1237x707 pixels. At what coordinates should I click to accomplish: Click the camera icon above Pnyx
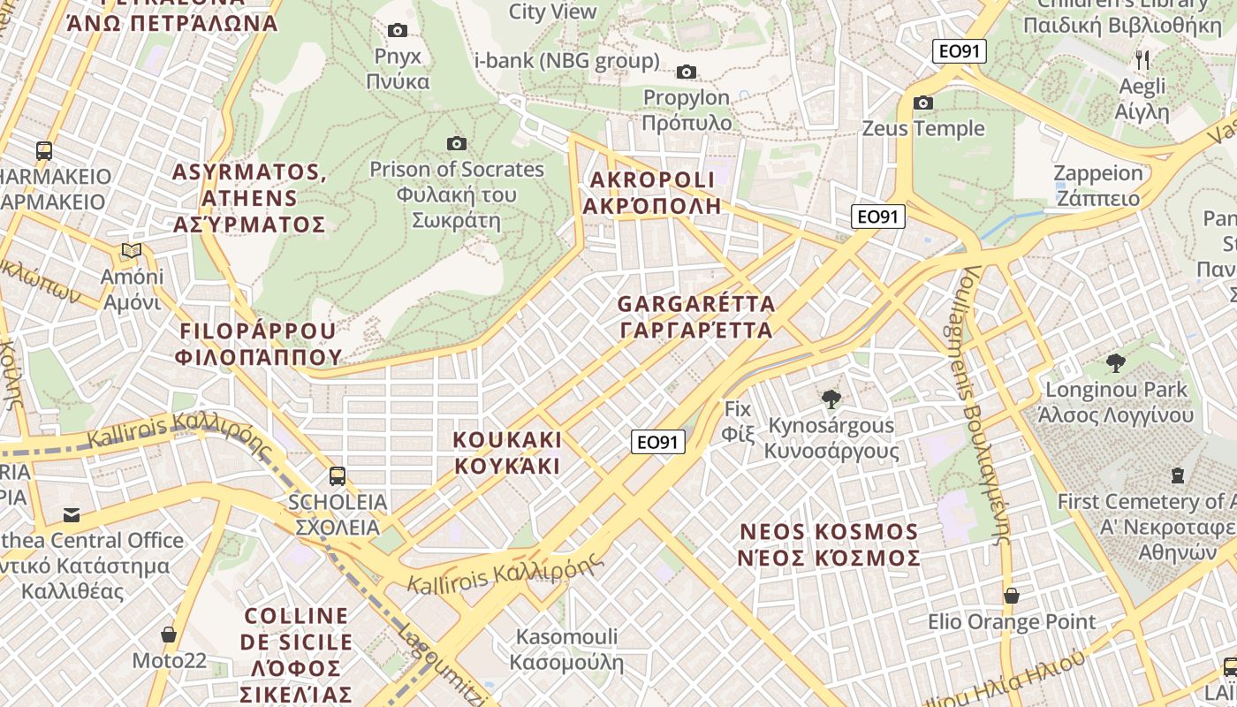coord(398,31)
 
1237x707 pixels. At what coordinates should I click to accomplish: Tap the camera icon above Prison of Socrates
coord(457,143)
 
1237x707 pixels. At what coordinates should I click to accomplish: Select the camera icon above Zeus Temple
coord(923,103)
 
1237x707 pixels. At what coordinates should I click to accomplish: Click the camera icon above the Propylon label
coord(687,72)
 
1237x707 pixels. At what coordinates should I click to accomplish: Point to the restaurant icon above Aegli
coord(1143,60)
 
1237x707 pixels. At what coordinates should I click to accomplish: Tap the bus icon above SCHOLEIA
coord(337,476)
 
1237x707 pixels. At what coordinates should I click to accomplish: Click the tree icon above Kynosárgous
coord(831,399)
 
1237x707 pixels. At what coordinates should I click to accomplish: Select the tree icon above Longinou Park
coord(1116,362)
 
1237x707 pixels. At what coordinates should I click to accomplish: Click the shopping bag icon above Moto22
coord(169,635)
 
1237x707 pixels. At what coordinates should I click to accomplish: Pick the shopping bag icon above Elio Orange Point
coord(1012,596)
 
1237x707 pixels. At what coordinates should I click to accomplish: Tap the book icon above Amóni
coord(132,251)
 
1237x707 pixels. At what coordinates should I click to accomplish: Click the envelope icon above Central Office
coord(71,514)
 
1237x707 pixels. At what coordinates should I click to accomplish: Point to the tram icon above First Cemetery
coord(1177,475)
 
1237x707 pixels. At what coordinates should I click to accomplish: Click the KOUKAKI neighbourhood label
coord(507,452)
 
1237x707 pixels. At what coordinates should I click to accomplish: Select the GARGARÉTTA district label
coord(696,317)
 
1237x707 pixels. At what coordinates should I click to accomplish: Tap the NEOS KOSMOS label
coord(829,544)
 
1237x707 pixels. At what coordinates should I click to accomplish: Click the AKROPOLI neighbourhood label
coord(651,193)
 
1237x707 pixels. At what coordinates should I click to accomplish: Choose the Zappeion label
coord(1098,185)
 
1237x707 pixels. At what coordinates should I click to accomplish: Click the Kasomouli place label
coord(566,650)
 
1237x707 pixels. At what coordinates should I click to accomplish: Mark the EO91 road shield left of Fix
coord(658,442)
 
